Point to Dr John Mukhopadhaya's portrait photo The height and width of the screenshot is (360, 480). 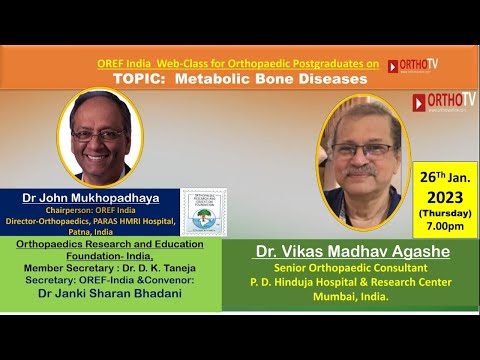100,137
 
